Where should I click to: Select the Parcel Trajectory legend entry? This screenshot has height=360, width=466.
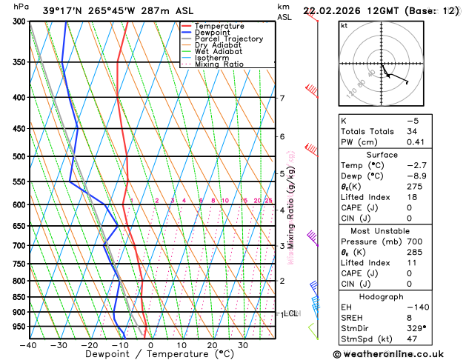pos(229,39)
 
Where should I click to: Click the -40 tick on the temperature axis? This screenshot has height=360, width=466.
pos(29,345)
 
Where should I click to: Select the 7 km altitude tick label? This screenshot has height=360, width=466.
pos(282,99)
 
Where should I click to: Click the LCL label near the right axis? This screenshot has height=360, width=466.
pos(290,314)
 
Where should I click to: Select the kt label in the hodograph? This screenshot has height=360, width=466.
pos(344,25)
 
